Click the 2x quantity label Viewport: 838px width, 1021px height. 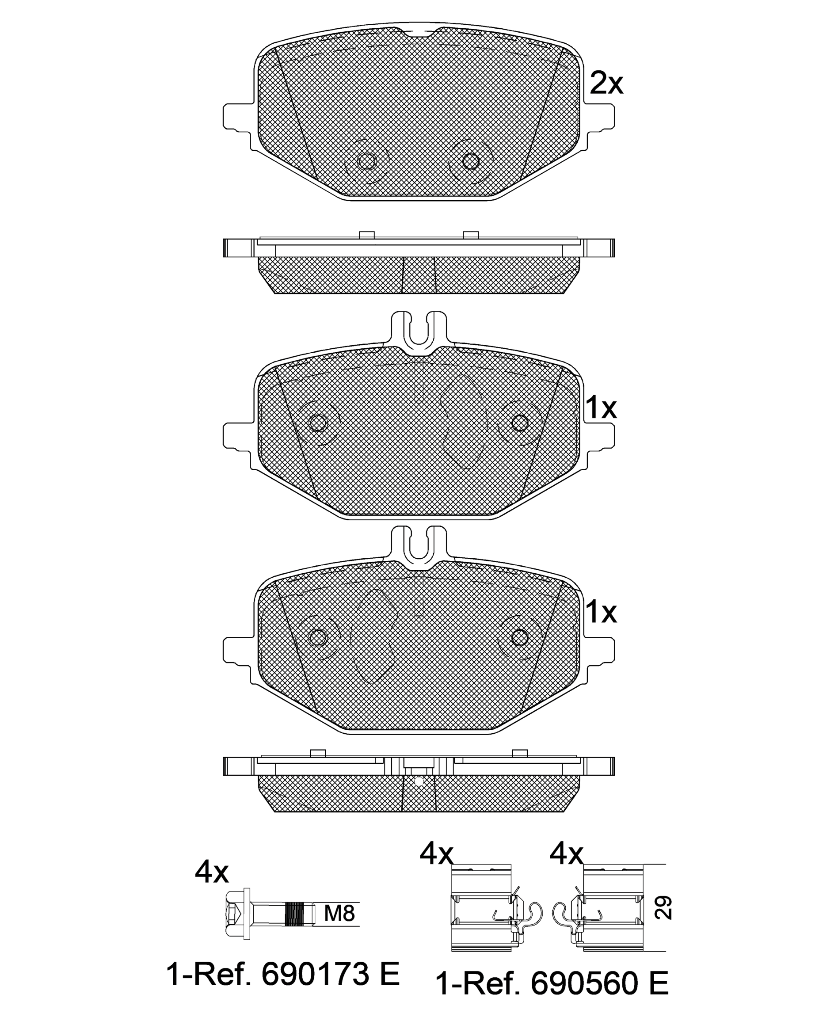tap(607, 84)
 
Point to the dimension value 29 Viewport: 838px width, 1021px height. tap(664, 907)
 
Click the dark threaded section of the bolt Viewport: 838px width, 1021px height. tap(295, 914)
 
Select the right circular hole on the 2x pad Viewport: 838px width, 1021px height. tap(470, 161)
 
